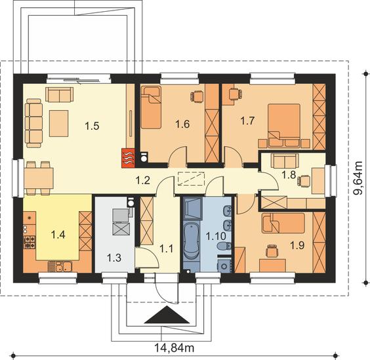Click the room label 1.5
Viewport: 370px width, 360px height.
(92, 126)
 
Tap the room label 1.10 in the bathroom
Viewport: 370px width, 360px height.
(216, 236)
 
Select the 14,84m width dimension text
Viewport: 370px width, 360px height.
(175, 348)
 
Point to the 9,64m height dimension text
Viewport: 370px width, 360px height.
(358, 178)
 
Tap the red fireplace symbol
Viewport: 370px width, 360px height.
(128, 158)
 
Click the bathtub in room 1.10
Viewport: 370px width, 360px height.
(192, 241)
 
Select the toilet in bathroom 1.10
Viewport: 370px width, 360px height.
(224, 247)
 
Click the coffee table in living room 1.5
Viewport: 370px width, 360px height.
(59, 123)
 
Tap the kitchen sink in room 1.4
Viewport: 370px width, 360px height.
(60, 267)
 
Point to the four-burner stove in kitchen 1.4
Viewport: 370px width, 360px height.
(30, 243)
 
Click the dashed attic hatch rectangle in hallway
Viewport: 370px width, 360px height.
(191, 179)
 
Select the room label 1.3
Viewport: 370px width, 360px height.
(114, 258)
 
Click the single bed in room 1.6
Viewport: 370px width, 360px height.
(151, 108)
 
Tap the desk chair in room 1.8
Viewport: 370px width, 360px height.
(304, 182)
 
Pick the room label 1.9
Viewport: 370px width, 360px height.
(297, 246)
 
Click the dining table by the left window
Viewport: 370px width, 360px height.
(39, 178)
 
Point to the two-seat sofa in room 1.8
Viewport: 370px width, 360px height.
(285, 161)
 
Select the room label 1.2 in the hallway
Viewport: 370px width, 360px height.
(142, 181)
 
